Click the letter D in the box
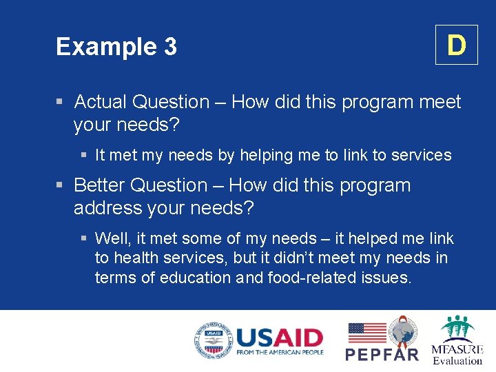(456, 45)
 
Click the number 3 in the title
(170, 47)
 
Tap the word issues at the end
(387, 278)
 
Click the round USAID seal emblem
(213, 341)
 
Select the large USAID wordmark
(279, 338)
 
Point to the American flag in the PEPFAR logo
(366, 333)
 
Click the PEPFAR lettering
(382, 354)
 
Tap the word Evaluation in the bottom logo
(457, 360)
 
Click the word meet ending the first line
(439, 102)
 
